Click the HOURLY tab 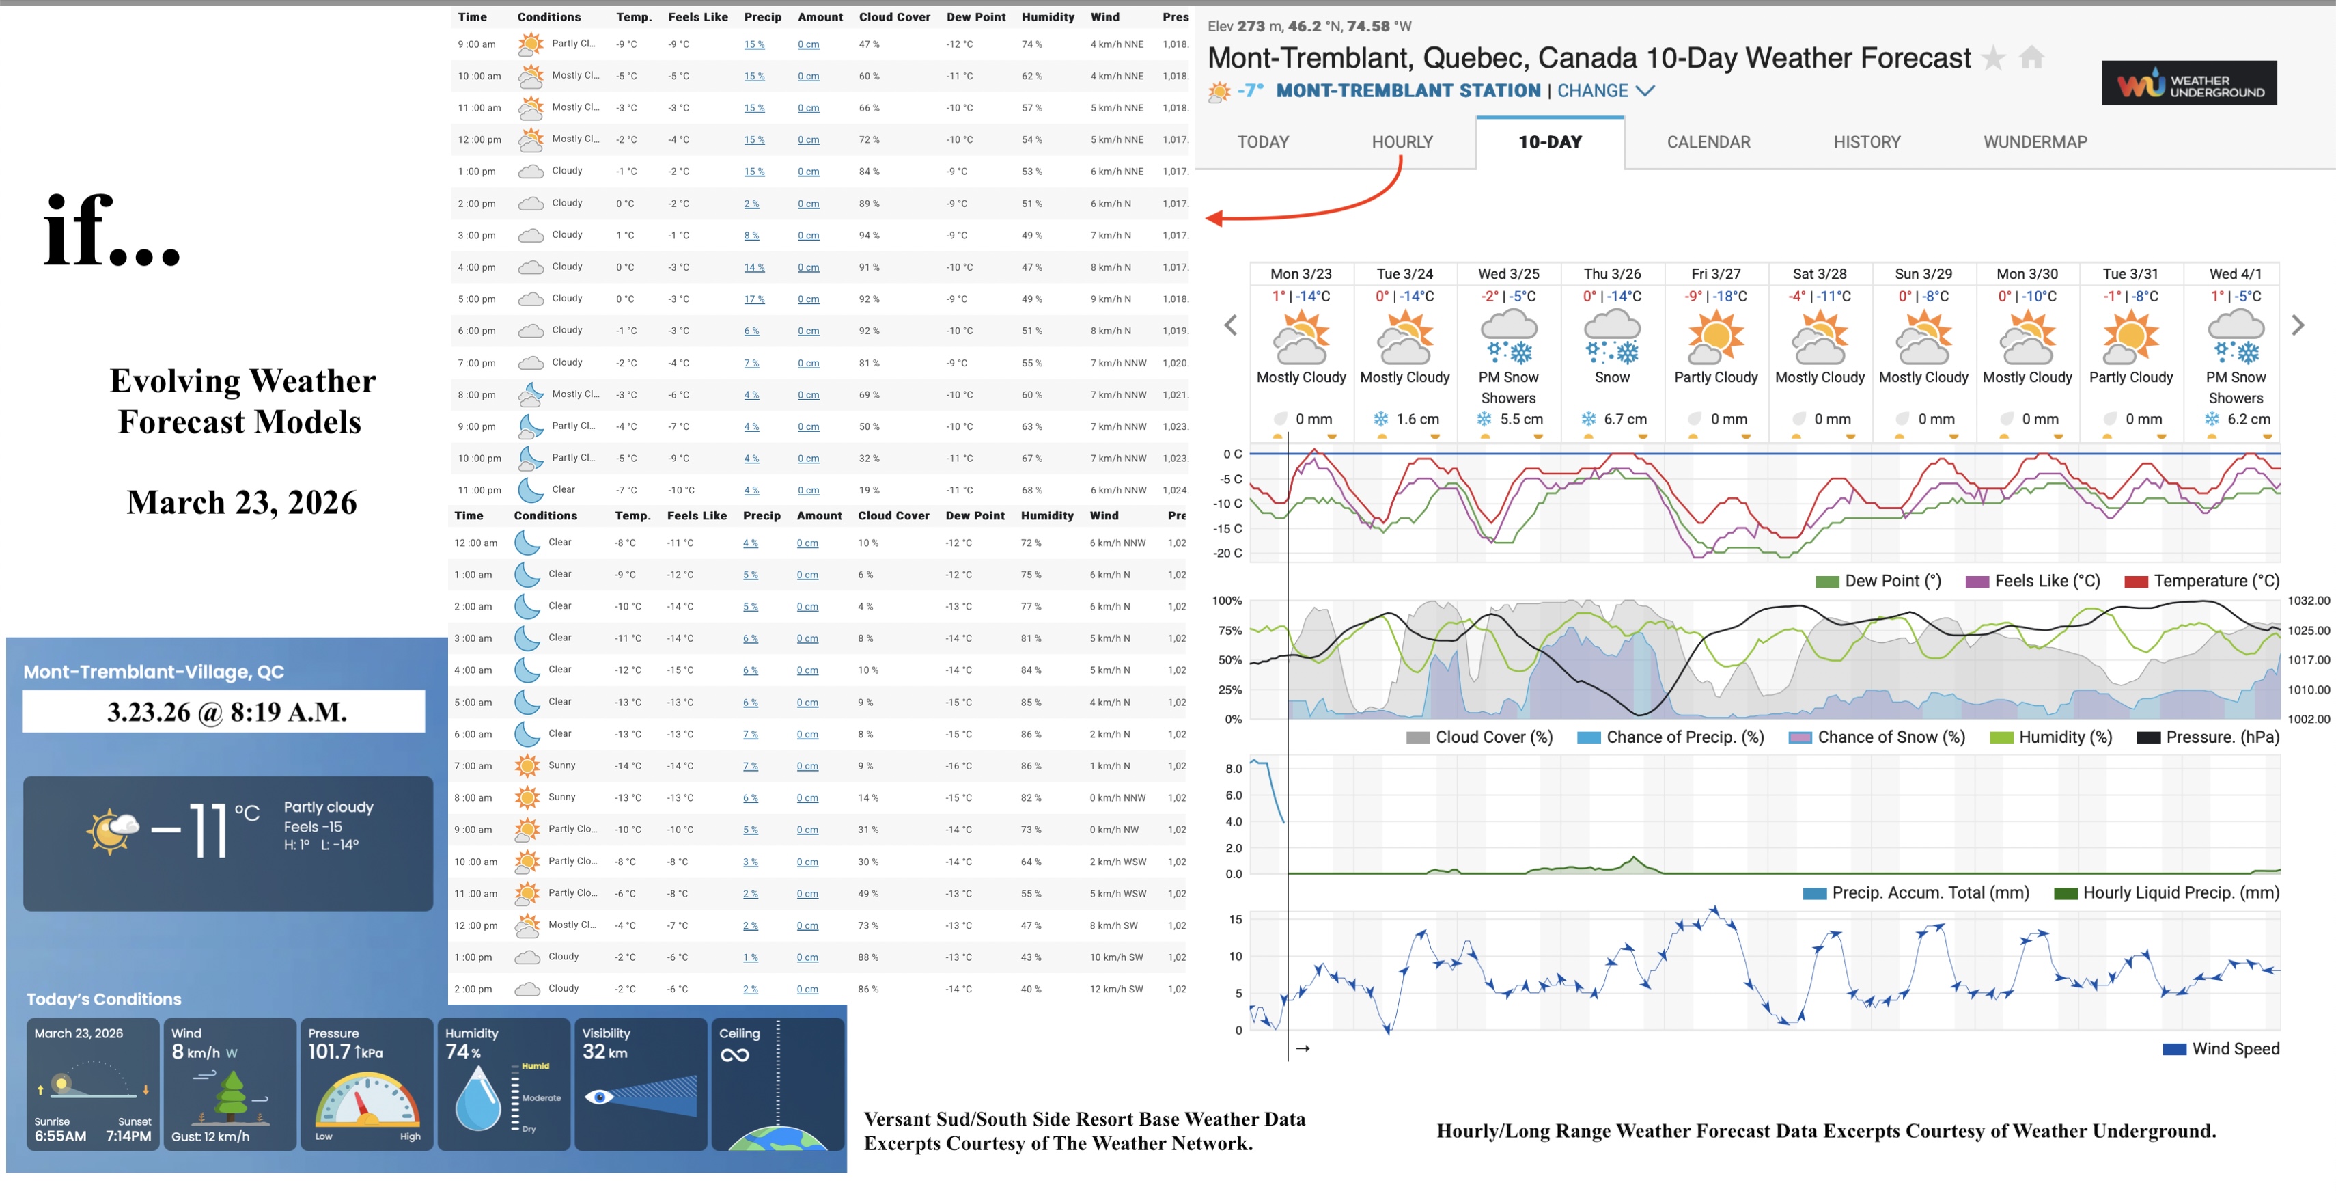[x=1402, y=142]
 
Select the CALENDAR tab [x=1708, y=142]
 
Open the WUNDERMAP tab [x=2035, y=142]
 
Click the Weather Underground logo [x=2189, y=83]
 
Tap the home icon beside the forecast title [x=2032, y=58]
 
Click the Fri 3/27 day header [x=1716, y=274]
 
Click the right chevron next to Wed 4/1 [x=2298, y=325]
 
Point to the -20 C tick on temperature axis [x=1229, y=554]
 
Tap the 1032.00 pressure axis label [x=2309, y=601]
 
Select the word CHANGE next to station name [x=1592, y=91]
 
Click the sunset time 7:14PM [x=129, y=1136]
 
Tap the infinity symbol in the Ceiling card [x=734, y=1055]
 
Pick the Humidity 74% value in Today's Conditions [x=462, y=1052]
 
